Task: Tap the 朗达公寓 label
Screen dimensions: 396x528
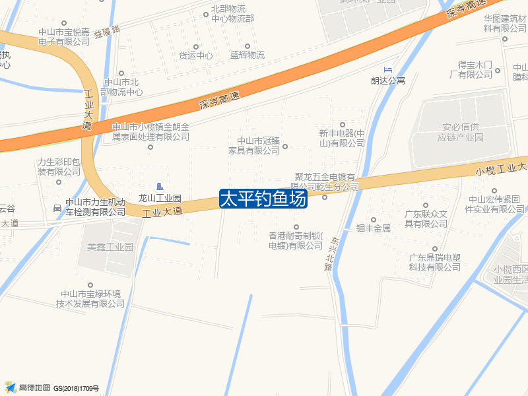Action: tap(387, 81)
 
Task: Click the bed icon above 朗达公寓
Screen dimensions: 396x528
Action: tap(387, 69)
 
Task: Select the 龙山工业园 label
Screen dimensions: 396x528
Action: tap(160, 198)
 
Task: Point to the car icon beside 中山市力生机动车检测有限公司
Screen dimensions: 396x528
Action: tap(57, 209)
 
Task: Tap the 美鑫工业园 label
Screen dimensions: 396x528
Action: tap(110, 247)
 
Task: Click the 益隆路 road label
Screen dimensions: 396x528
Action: tap(107, 30)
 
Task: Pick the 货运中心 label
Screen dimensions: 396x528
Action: tap(195, 55)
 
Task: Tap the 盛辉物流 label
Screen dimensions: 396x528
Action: tap(247, 55)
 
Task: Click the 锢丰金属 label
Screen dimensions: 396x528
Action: tap(374, 228)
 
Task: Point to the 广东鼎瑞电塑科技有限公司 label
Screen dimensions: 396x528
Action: tap(434, 262)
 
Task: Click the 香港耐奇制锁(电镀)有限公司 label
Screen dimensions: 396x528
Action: tap(295, 240)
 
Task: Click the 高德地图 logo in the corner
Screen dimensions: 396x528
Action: tap(27, 387)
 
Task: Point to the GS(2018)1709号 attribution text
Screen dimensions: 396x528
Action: tap(76, 388)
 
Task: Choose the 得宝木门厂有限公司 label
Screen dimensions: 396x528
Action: tap(476, 69)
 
